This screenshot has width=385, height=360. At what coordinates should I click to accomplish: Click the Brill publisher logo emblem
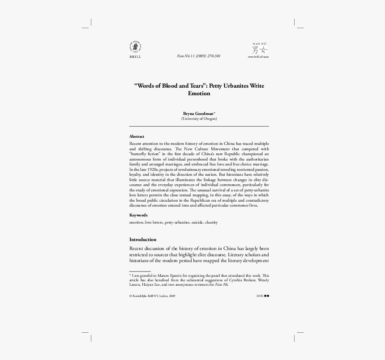pos(135,47)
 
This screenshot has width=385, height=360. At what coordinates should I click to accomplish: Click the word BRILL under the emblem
pos(135,57)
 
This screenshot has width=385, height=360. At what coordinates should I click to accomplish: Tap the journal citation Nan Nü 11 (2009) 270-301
pos(199,56)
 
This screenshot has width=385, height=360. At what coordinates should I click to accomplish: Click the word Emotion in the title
pos(199,94)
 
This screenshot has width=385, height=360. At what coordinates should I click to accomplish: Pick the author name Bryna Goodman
pos(197,114)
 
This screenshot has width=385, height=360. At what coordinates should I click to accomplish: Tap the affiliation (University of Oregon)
pos(199,119)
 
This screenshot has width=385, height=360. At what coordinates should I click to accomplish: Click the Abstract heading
pos(137,136)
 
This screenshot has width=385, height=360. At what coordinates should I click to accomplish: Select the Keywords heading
pos(138,215)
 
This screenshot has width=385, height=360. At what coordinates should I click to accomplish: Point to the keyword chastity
pos(211,222)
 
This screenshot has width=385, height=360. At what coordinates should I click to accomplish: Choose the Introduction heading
pos(143,239)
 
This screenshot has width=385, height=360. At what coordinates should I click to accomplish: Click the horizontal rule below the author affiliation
pos(199,127)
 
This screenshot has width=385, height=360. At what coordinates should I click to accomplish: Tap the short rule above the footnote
pos(140,271)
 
